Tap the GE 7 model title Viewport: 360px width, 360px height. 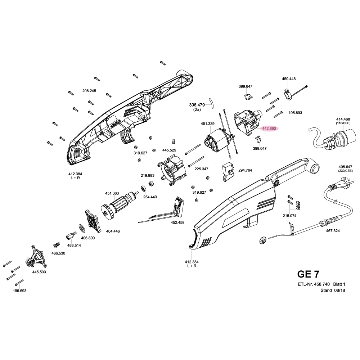tap(308, 274)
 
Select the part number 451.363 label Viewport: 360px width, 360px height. tap(112, 193)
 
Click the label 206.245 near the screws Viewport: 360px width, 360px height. tap(89, 91)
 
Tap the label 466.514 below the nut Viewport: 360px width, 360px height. tap(75, 246)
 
